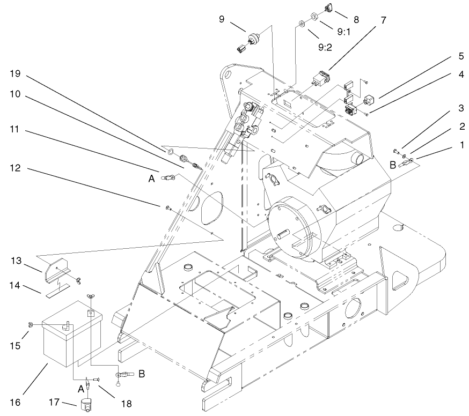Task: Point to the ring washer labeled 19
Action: pos(170,153)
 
